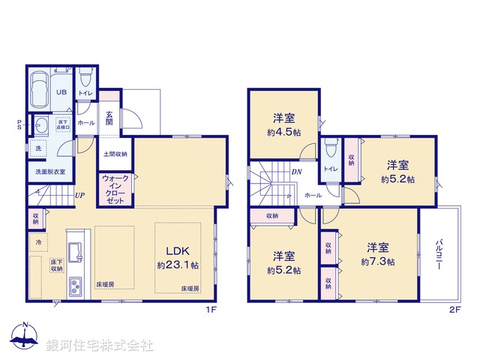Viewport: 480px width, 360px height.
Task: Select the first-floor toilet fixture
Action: click(85, 77)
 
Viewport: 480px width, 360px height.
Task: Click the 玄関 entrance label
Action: click(109, 118)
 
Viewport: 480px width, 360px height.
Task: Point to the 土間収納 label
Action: click(115, 154)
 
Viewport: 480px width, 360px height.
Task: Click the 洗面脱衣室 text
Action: click(50, 172)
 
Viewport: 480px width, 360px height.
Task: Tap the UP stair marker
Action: click(79, 196)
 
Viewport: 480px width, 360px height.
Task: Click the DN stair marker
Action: click(297, 172)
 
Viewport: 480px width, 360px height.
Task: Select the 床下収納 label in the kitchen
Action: click(57, 265)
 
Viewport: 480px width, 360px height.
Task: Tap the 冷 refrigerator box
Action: click(38, 242)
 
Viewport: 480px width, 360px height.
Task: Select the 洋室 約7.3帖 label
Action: click(378, 254)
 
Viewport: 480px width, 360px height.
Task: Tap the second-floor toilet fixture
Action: click(330, 149)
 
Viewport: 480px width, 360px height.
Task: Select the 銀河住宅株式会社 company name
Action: click(100, 346)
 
